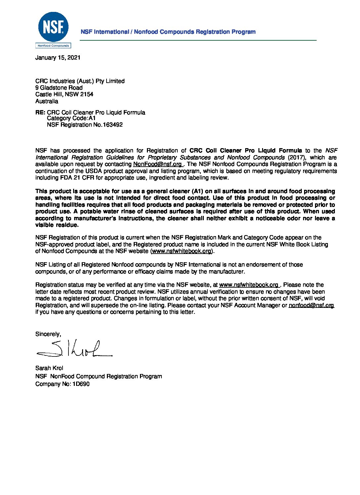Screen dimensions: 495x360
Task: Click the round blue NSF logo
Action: click(53, 27)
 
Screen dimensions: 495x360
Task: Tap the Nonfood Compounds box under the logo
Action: click(53, 46)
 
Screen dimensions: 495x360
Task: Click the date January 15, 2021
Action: click(58, 58)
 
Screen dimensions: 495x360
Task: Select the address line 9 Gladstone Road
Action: click(59, 88)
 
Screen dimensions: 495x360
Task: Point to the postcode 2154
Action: click(87, 94)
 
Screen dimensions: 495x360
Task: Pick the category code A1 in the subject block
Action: click(92, 118)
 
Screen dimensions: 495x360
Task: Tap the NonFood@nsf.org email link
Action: click(157, 164)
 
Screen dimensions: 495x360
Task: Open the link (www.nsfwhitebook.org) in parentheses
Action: click(181, 251)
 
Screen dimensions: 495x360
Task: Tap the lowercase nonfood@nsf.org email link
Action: click(311, 305)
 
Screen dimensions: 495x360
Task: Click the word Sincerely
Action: click(48, 334)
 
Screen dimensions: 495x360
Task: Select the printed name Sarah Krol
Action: click(49, 368)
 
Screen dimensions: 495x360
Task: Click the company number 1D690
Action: click(81, 384)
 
